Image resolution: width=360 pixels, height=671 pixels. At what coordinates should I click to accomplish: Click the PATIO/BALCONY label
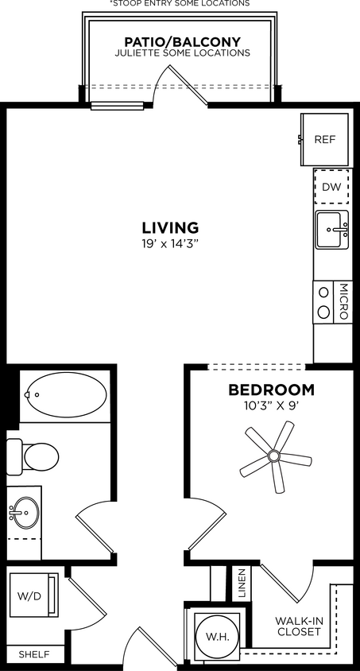183,41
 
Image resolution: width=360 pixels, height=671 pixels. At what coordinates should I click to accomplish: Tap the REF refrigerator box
324,139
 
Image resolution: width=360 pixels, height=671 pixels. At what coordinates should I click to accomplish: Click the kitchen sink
331,231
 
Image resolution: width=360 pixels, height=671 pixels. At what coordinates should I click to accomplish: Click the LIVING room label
170,227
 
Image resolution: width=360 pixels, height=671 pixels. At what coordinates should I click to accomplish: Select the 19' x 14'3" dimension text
170,244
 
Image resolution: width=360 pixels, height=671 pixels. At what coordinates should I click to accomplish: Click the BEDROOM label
271,390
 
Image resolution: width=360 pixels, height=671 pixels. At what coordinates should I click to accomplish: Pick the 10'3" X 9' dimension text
271,405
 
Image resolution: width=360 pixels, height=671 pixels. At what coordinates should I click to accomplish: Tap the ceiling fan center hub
274,456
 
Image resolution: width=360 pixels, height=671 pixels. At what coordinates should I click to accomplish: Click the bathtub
67,394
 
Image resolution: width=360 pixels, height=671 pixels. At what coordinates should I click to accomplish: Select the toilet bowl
40,456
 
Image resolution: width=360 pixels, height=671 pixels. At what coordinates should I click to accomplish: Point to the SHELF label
33,654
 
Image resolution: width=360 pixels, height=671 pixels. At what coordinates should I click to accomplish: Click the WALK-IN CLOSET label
298,626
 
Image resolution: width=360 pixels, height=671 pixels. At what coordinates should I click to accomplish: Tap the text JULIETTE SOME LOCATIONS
183,53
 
